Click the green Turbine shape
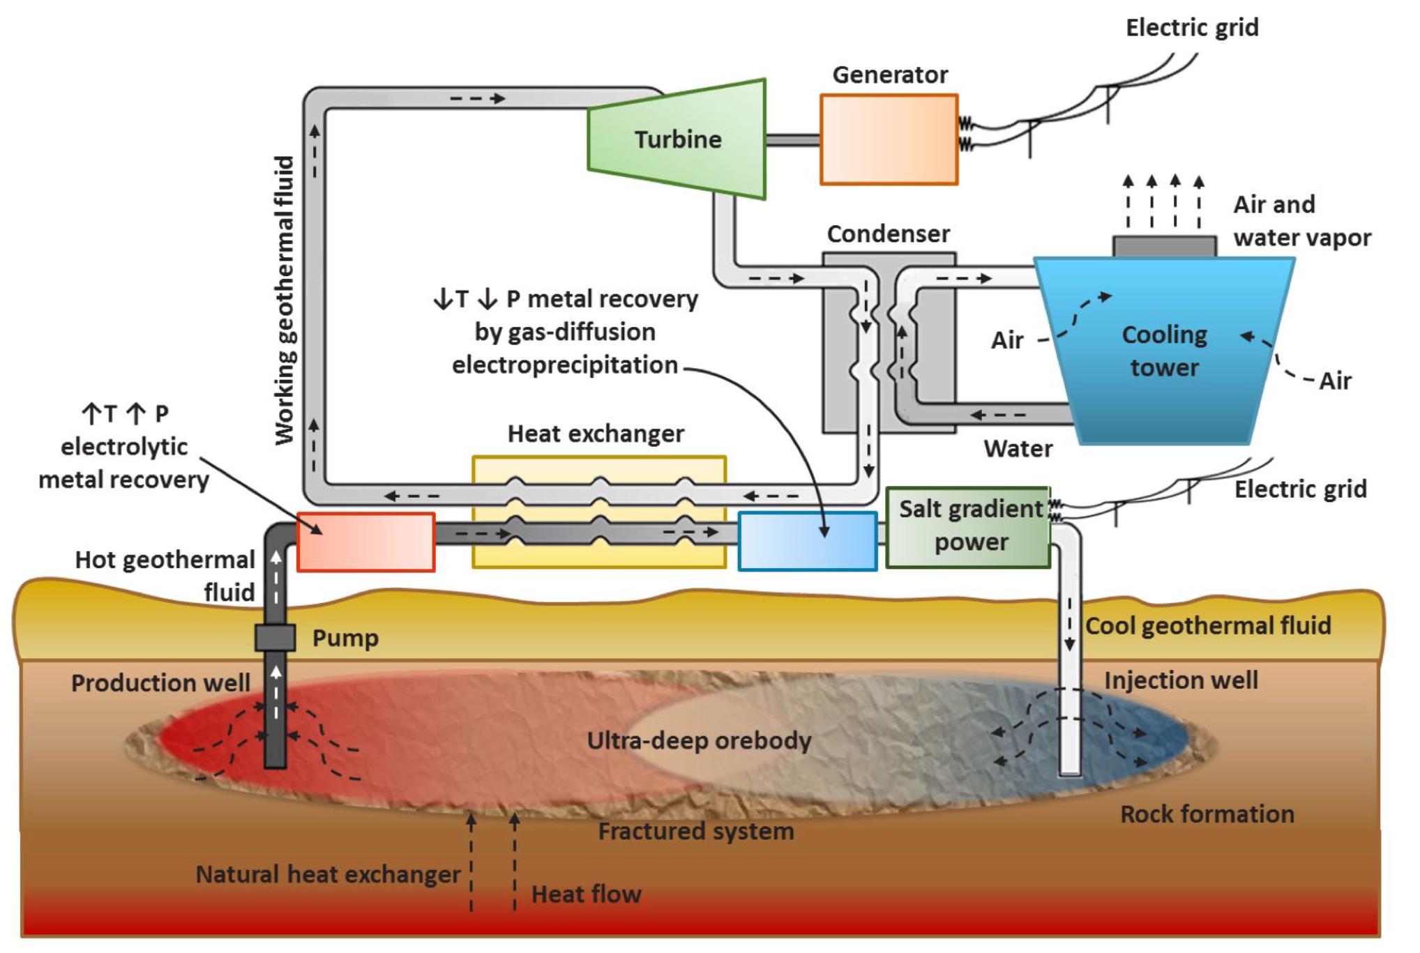pyautogui.click(x=677, y=139)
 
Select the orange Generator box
pyautogui.click(x=889, y=139)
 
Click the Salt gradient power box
pyautogui.click(x=968, y=527)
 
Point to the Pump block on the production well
pyautogui.click(x=275, y=637)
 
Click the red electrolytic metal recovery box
pyautogui.click(x=366, y=542)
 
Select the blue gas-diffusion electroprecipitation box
pyautogui.click(x=807, y=541)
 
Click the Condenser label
pyautogui.click(x=888, y=234)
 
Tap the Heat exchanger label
pyautogui.click(x=596, y=434)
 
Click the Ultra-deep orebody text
pyautogui.click(x=699, y=740)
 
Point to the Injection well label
pyautogui.click(x=1181, y=680)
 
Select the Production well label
pyautogui.click(x=160, y=683)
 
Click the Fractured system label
pyautogui.click(x=696, y=831)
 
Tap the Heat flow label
pyautogui.click(x=586, y=894)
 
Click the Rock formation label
pyautogui.click(x=1207, y=814)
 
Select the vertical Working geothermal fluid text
pyautogui.click(x=285, y=300)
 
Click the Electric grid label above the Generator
pyautogui.click(x=1192, y=28)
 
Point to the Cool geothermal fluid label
pyautogui.click(x=1208, y=625)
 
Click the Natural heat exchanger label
pyautogui.click(x=328, y=874)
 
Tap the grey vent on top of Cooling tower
pyautogui.click(x=1164, y=246)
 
